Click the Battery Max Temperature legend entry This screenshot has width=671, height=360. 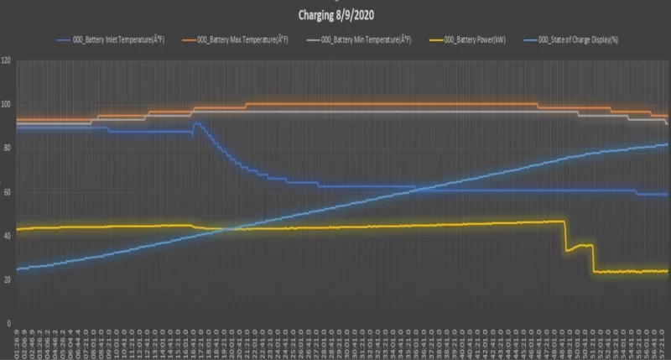[x=243, y=39]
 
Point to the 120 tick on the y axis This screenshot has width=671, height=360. [x=6, y=61]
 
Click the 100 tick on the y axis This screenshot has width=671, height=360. [x=6, y=105]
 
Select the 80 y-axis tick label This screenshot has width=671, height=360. [x=7, y=149]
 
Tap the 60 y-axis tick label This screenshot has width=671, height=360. [x=7, y=192]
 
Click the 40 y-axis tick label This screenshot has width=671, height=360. [x=7, y=236]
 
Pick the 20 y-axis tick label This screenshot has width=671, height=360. [x=7, y=279]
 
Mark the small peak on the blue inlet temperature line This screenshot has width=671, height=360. [x=195, y=123]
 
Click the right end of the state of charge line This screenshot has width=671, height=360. [x=667, y=144]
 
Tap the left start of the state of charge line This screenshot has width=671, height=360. [x=18, y=269]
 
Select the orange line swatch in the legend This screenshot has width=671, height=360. [x=185, y=39]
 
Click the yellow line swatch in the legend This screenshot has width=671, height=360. [x=436, y=39]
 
